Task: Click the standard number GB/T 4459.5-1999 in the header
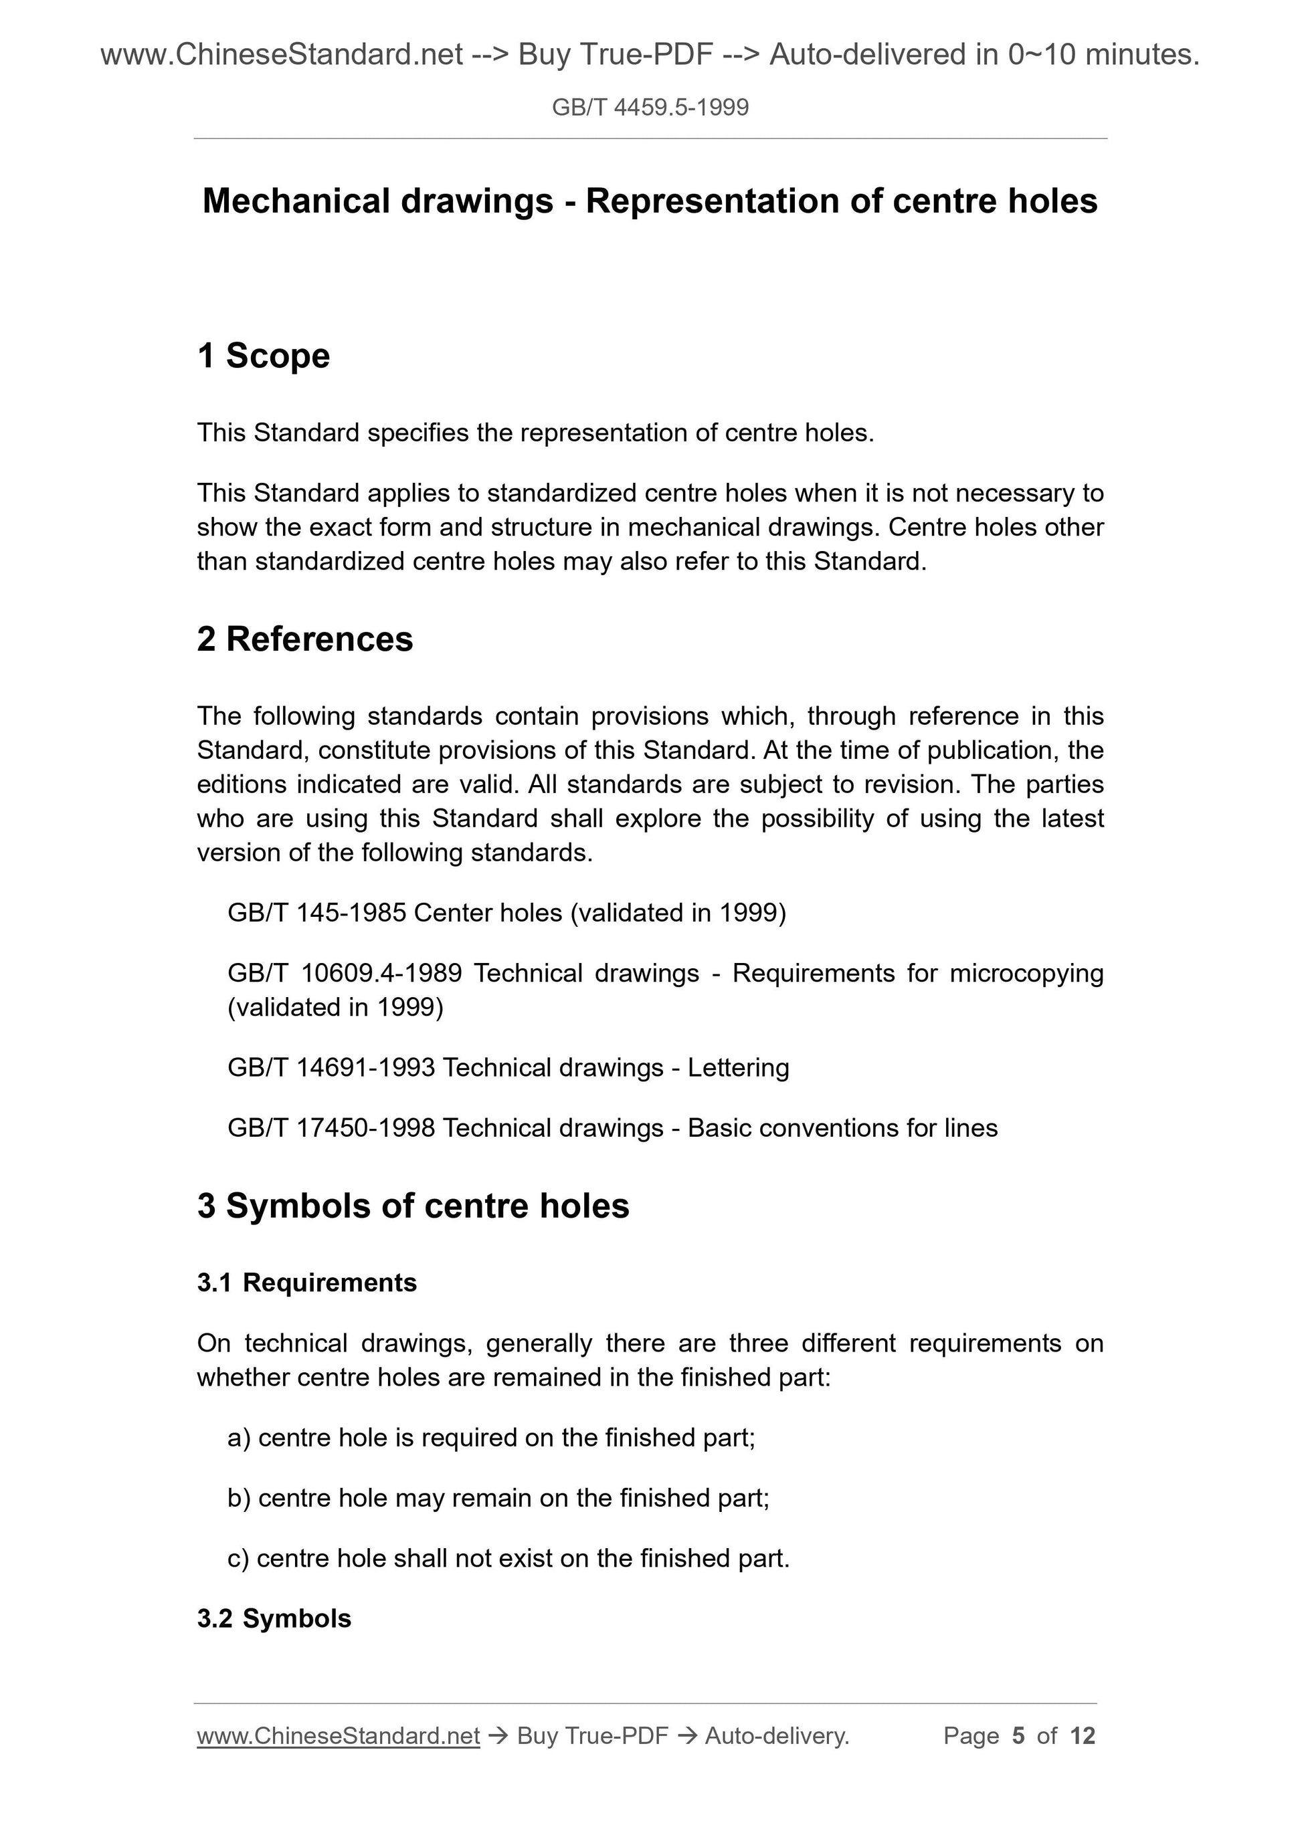650,108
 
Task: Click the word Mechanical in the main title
297,201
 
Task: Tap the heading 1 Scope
263,356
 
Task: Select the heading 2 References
305,639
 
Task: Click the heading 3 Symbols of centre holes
413,1206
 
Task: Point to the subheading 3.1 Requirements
306,1283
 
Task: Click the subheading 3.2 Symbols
274,1619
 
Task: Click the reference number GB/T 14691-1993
331,1068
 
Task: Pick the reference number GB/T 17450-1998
331,1128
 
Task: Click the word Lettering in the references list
738,1068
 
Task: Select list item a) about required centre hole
491,1438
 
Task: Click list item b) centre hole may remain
498,1498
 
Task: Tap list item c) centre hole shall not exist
508,1558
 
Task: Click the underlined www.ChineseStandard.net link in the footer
338,1736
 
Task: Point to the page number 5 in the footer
1018,1736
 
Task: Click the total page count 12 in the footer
1082,1736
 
